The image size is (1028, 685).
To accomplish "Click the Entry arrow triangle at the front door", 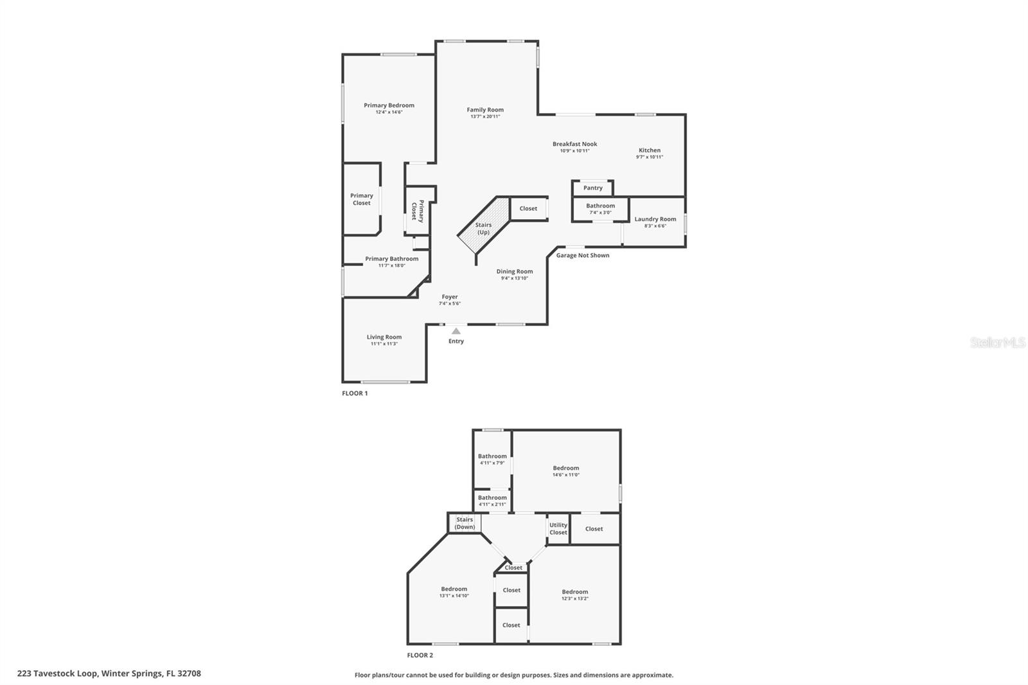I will pyautogui.click(x=456, y=332).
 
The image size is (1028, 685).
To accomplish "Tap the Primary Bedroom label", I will pyautogui.click(x=389, y=105).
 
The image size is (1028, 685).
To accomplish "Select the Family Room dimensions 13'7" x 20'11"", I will pyautogui.click(x=485, y=117).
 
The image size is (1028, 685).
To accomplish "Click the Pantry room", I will pyautogui.click(x=592, y=188).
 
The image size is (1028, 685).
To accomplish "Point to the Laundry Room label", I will pyautogui.click(x=655, y=219).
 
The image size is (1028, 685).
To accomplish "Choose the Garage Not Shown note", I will pyautogui.click(x=582, y=255).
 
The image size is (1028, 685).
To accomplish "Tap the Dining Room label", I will pyautogui.click(x=514, y=271).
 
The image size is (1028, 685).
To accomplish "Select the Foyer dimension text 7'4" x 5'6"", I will pyautogui.click(x=449, y=304).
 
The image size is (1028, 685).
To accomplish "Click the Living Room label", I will pyautogui.click(x=384, y=337).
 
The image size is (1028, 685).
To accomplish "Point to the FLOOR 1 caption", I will pyautogui.click(x=355, y=393).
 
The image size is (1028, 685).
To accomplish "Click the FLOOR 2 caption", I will pyautogui.click(x=420, y=655).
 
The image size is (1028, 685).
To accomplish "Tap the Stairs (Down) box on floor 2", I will pyautogui.click(x=465, y=523).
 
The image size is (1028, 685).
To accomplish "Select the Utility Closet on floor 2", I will pyautogui.click(x=558, y=528).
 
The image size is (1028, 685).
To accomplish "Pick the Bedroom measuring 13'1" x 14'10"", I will pyautogui.click(x=454, y=592).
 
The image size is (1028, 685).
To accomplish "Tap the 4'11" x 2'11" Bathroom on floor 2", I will pyautogui.click(x=492, y=501).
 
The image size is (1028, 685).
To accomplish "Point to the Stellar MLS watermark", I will pyautogui.click(x=997, y=343).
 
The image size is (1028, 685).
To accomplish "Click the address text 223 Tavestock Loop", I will pyautogui.click(x=109, y=673).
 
